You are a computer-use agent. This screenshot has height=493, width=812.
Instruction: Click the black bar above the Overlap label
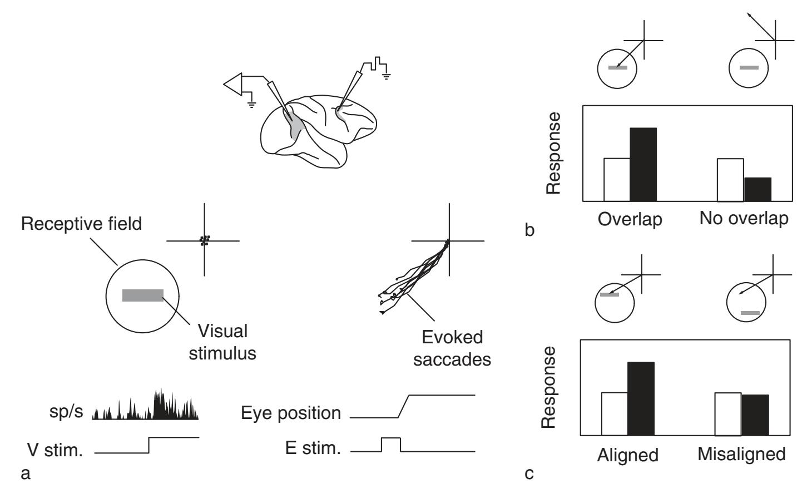point(643,164)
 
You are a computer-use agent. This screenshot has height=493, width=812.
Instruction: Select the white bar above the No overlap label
point(730,180)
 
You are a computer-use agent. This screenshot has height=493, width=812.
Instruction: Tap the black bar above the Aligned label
point(641,398)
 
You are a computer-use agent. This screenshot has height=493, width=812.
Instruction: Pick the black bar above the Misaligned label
point(755,415)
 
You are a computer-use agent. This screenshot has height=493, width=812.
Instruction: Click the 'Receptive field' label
point(82,224)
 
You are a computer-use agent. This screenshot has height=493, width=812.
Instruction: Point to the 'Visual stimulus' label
point(222,342)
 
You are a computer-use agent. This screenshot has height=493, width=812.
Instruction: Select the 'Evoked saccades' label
point(452,348)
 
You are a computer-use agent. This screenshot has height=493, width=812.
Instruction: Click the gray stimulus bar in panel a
point(143,295)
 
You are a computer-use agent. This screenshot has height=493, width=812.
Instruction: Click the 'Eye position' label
point(291,413)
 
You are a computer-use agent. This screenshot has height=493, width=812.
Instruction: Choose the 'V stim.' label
point(55,450)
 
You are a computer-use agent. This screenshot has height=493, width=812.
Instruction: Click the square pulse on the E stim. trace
point(390,443)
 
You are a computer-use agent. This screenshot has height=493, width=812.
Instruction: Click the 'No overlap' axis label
point(744,218)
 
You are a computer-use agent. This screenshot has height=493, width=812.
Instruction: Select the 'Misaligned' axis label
point(741,454)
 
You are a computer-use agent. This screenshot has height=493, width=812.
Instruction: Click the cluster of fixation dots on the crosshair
point(205,240)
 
